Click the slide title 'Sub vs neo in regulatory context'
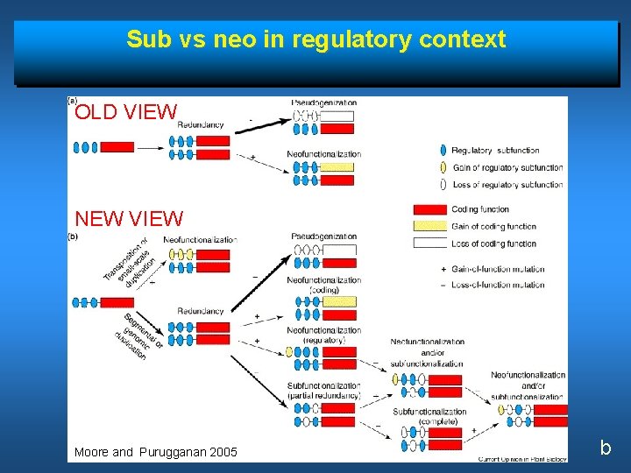point(315,39)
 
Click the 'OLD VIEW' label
point(126,112)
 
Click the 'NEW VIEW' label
point(129,218)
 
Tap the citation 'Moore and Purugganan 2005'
point(155,452)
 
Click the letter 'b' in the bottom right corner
point(605,448)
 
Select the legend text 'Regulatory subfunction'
point(495,151)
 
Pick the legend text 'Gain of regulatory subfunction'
point(507,167)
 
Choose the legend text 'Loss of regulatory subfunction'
point(507,185)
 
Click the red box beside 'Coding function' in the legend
point(429,209)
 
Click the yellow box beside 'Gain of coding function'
point(429,226)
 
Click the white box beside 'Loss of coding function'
point(429,244)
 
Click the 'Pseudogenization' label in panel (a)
point(323,102)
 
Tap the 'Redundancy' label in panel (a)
point(201,125)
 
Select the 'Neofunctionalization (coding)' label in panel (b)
point(323,285)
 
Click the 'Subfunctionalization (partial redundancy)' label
point(323,391)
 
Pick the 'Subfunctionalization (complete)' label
point(429,416)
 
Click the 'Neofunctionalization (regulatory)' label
point(323,335)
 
